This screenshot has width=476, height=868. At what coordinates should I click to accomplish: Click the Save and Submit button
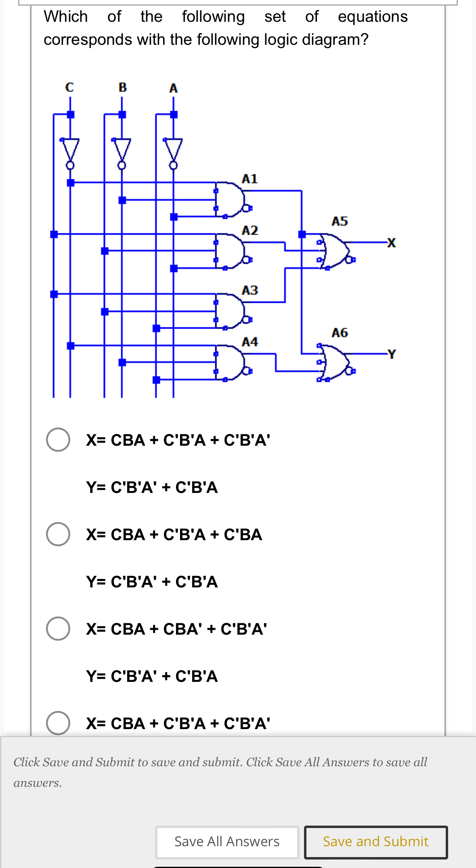click(375, 842)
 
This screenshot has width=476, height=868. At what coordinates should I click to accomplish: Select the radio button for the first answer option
click(58, 440)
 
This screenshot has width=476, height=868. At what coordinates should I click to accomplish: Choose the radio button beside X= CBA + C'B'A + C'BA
click(58, 534)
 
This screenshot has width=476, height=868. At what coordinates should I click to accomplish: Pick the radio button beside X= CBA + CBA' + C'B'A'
click(58, 629)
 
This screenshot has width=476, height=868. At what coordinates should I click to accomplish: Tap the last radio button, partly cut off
click(58, 723)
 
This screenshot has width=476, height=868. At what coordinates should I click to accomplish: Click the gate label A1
click(250, 179)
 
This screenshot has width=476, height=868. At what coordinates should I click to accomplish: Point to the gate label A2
click(250, 231)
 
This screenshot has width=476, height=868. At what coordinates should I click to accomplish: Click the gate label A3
click(250, 290)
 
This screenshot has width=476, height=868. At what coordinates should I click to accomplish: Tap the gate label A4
click(250, 342)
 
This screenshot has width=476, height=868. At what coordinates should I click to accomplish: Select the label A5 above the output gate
click(340, 221)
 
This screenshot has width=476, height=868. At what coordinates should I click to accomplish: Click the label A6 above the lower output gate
click(340, 333)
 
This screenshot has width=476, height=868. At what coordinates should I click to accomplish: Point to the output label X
click(391, 243)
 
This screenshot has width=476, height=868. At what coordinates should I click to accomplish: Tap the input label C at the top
click(69, 87)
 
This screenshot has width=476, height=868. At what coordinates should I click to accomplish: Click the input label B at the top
click(123, 87)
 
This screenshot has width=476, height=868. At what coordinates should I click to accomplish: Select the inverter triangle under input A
click(173, 149)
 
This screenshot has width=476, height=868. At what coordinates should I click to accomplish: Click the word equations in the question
click(373, 17)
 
